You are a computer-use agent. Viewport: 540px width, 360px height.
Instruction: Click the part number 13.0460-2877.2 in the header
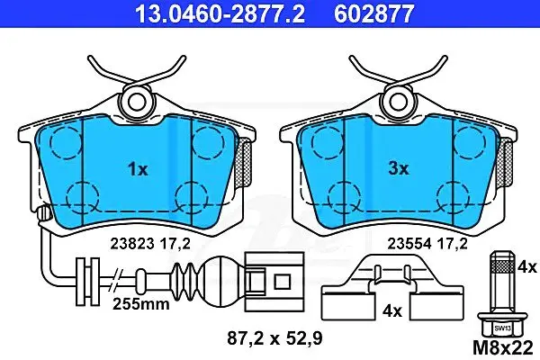coord(220,13)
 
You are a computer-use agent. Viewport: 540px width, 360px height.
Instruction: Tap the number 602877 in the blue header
coord(373,13)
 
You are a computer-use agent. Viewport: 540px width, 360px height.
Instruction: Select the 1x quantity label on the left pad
coord(138,169)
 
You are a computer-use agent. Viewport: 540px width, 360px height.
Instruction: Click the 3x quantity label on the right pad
coord(399,169)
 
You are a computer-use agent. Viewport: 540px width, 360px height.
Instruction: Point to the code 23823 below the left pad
coord(132,244)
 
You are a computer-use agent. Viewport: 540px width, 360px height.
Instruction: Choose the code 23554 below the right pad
coord(409,244)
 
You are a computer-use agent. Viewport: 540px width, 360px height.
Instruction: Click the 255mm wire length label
coord(141,304)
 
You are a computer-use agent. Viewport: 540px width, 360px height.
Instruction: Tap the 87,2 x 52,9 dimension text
coord(274,338)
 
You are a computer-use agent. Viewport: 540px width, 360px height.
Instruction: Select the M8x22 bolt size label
coord(503,348)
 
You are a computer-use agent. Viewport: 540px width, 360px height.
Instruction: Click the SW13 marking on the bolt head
coord(503,328)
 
